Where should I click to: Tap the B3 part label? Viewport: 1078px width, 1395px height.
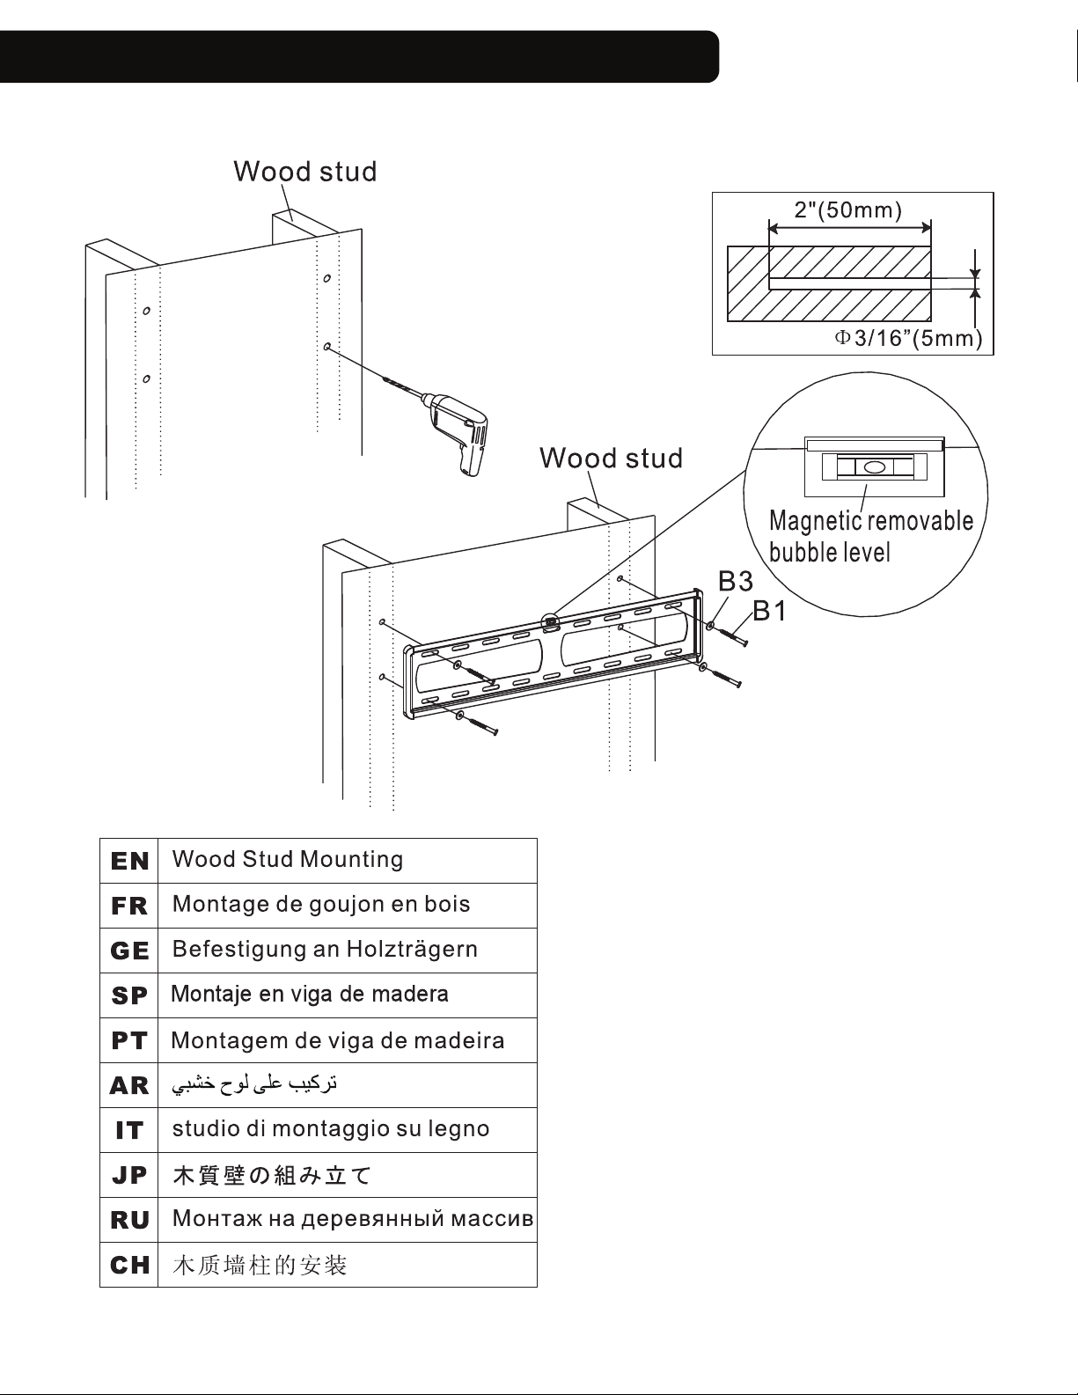pyautogui.click(x=736, y=582)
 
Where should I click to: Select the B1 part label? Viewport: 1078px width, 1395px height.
pyautogui.click(x=769, y=611)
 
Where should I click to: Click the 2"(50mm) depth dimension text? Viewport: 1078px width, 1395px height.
pyautogui.click(x=848, y=210)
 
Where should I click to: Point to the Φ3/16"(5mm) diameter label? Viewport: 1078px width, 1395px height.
pyautogui.click(x=908, y=338)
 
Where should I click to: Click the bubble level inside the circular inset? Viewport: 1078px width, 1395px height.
pyautogui.click(x=874, y=466)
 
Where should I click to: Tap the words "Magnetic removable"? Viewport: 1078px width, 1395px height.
pyautogui.click(x=871, y=521)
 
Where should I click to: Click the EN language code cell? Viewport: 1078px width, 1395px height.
pyautogui.click(x=129, y=861)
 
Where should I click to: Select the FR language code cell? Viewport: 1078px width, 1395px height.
pyautogui.click(x=129, y=906)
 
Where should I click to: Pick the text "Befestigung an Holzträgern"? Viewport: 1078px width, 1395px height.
pyautogui.click(x=325, y=949)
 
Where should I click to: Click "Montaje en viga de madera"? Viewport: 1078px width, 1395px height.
pyautogui.click(x=309, y=994)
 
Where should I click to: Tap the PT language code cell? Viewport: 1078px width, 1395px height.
pyautogui.click(x=129, y=1040)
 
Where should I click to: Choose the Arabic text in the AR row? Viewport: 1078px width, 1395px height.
pyautogui.click(x=254, y=1084)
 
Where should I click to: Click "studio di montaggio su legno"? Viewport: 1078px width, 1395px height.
pyautogui.click(x=331, y=1128)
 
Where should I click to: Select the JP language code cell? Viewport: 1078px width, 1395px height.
pyautogui.click(x=129, y=1176)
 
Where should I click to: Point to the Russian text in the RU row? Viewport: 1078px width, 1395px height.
pyautogui.click(x=353, y=1218)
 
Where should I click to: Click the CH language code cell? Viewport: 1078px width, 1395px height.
pyautogui.click(x=129, y=1266)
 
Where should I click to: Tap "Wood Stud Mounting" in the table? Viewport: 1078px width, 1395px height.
pyautogui.click(x=288, y=859)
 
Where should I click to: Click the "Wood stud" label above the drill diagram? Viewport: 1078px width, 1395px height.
pyautogui.click(x=304, y=172)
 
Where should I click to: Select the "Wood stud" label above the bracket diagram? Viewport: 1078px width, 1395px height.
pyautogui.click(x=611, y=459)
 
